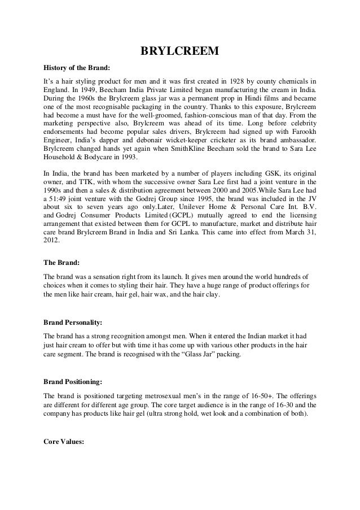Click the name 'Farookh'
click(301, 128)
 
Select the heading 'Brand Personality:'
click(73, 323)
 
